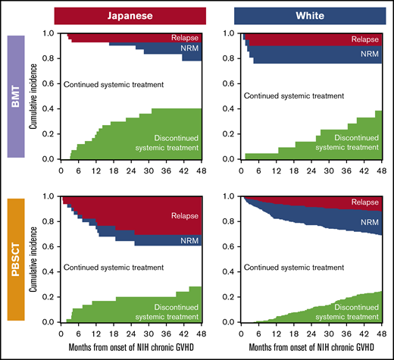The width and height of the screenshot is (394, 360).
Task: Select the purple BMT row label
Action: pyautogui.click(x=13, y=96)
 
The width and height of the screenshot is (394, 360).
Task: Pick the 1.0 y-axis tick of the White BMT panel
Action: pyautogui.click(x=230, y=33)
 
